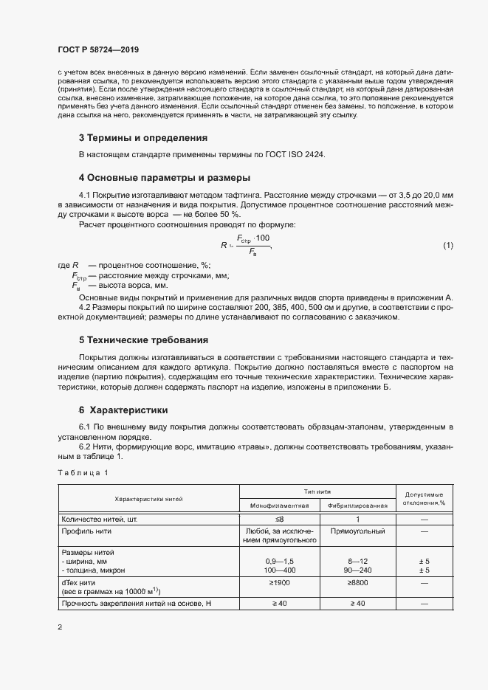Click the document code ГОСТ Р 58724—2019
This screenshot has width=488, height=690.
tap(98, 50)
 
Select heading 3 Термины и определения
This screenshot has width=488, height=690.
tap(143, 137)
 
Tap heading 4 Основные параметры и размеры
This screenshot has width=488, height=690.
tap(165, 178)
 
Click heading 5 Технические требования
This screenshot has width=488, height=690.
tap(154, 340)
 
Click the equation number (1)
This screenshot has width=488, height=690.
tap(447, 245)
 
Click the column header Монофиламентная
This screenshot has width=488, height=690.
tap(279, 506)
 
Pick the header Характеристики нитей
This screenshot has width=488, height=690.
tap(148, 500)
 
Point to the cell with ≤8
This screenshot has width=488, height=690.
tap(279, 520)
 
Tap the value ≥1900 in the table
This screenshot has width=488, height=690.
tap(279, 583)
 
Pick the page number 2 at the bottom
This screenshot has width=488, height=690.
tap(59, 627)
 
